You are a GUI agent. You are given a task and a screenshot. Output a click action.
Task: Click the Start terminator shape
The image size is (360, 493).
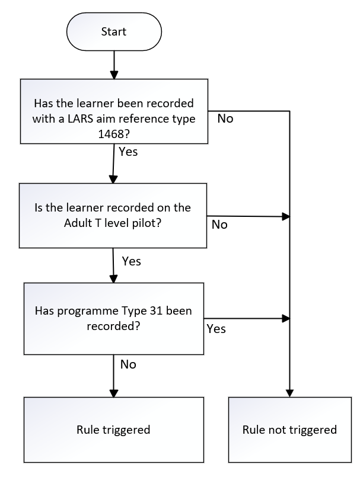(114, 32)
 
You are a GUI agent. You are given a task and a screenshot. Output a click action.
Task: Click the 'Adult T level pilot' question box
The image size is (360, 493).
(113, 216)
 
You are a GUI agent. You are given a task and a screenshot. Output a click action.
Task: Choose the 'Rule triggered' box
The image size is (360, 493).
(114, 430)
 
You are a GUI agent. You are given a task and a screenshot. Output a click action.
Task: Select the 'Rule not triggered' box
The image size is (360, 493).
(290, 430)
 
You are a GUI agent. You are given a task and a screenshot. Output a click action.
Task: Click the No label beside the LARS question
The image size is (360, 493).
(225, 119)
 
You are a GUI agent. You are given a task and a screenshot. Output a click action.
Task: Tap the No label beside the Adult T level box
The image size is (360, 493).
(219, 225)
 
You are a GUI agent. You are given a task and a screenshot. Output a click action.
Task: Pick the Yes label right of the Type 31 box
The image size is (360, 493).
(216, 329)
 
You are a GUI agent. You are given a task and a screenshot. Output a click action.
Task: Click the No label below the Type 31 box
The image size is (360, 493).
(128, 364)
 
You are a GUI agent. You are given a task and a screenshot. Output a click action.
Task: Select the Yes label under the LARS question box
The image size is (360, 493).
(128, 152)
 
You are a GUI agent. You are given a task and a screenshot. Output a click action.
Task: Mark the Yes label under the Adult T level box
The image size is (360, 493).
(131, 261)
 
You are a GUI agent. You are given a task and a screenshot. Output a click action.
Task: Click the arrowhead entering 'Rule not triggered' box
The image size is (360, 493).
(290, 393)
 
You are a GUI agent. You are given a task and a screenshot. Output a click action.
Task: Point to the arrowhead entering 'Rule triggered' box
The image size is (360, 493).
(114, 393)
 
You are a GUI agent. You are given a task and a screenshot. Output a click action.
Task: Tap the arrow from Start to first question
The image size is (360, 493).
(114, 65)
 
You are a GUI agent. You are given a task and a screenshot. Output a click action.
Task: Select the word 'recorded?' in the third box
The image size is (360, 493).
(113, 326)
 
